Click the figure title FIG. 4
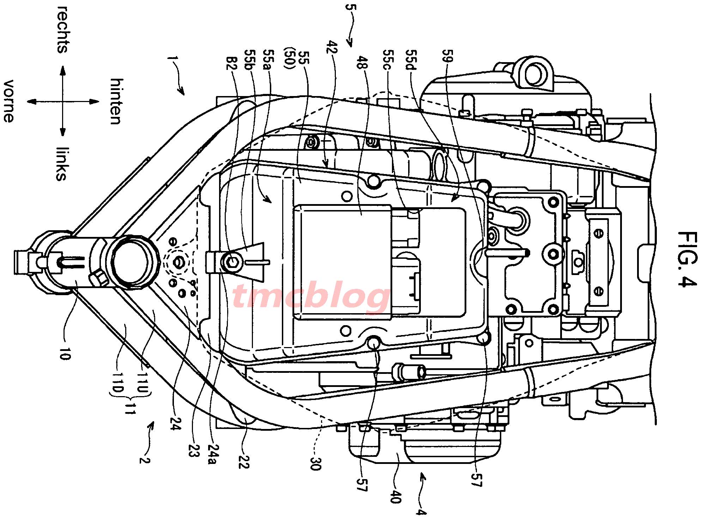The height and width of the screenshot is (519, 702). point(687,259)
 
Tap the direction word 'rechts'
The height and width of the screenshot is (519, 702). point(63,30)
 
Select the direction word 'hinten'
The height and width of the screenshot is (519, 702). point(116,102)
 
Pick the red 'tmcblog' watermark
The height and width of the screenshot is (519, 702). point(310,296)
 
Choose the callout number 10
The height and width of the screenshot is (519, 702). point(65,353)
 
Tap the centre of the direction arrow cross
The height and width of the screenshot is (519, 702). point(63,102)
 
